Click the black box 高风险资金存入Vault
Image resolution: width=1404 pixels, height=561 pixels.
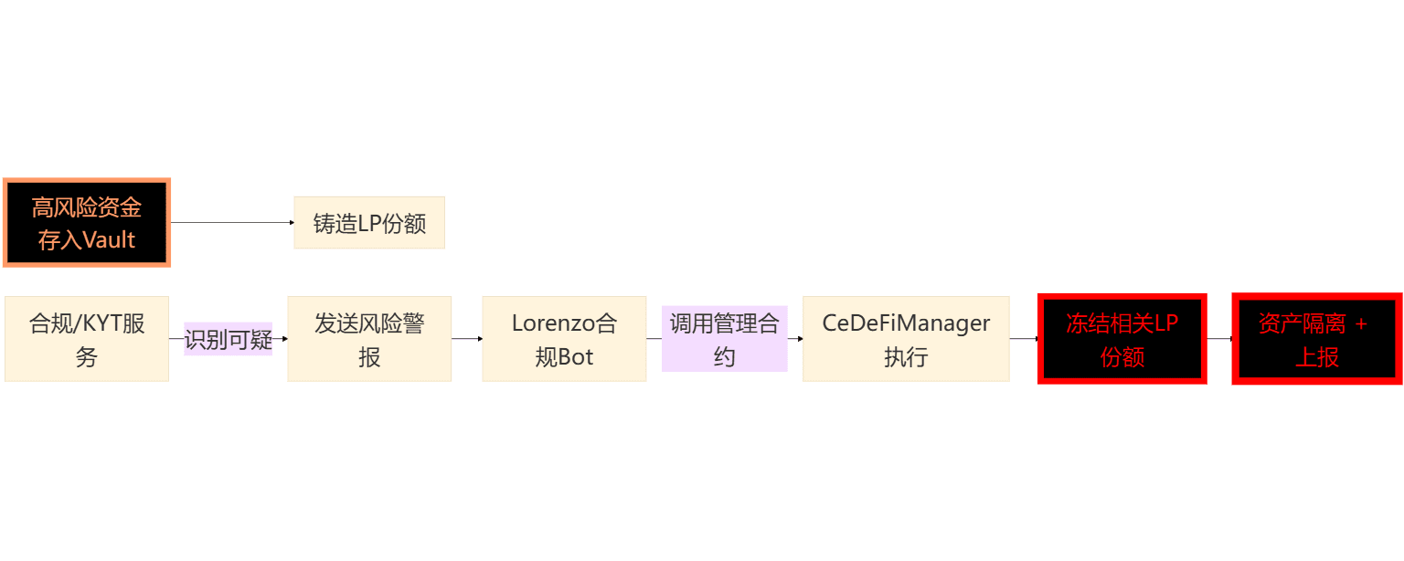[87, 223]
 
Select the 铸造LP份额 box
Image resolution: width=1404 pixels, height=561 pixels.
[368, 223]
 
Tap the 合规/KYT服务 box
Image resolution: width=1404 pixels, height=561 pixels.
[87, 339]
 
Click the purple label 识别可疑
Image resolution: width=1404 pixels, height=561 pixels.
[229, 340]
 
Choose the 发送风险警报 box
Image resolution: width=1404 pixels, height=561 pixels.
[369, 339]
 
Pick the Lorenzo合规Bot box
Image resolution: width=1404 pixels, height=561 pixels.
[564, 339]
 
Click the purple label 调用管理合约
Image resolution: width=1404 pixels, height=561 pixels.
[724, 339]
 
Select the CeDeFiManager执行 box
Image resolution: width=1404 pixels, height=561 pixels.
[906, 339]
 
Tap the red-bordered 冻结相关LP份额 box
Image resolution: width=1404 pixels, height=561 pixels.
[1122, 339]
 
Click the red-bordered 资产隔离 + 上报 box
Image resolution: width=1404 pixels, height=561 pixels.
[1317, 339]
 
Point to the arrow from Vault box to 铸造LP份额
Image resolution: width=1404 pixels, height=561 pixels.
[232, 223]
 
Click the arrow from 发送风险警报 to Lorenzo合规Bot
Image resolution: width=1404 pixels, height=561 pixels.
[467, 339]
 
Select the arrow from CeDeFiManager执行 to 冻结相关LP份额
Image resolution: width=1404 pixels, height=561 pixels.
[1025, 339]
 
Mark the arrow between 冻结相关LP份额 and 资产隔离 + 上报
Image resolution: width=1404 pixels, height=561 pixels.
[1220, 339]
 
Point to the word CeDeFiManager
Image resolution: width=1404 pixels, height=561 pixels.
[906, 323]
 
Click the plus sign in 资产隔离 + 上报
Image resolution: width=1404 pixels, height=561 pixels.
[1361, 324]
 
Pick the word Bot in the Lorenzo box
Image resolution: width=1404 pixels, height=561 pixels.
[577, 357]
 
